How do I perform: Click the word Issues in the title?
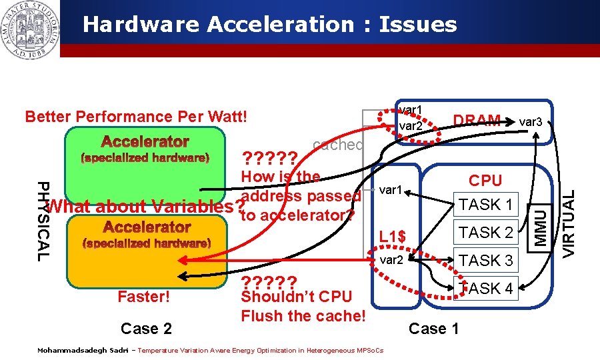point(418,25)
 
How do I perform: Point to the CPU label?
point(485,181)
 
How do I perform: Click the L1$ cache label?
point(392,236)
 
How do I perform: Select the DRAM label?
point(477,121)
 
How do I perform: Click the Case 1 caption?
point(433,329)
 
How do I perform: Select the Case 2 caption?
point(146,329)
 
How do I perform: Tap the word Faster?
point(143,297)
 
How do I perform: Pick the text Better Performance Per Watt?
point(135,117)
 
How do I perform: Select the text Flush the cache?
point(303,315)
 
